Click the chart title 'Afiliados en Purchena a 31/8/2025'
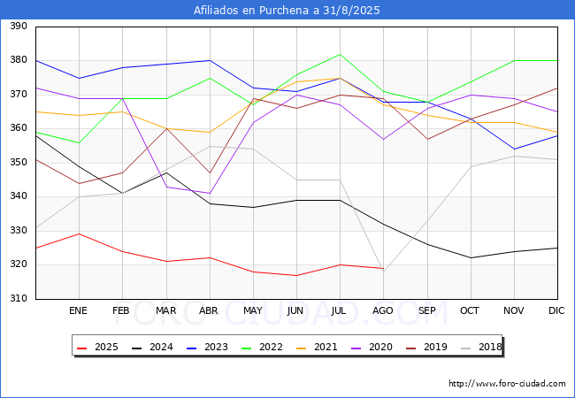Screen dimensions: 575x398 [287, 10]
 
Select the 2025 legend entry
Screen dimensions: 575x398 [97, 347]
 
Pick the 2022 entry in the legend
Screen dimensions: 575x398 [262, 347]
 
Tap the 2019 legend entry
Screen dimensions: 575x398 [426, 347]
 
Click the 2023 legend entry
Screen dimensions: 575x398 [207, 347]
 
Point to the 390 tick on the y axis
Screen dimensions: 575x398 [19, 26]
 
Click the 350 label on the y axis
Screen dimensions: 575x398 [19, 162]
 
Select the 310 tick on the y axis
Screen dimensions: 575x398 [19, 298]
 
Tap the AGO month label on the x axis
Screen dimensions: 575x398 [383, 310]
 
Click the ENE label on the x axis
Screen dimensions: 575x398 [78, 310]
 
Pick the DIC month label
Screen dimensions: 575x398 [556, 310]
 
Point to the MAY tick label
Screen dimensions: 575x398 [253, 310]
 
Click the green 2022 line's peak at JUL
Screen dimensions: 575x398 [341, 54]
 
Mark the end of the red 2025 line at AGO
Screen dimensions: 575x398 [383, 268]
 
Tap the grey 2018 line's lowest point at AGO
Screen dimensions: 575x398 [383, 272]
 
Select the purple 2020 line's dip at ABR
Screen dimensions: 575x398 [210, 193]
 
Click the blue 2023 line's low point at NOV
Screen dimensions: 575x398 [515, 149]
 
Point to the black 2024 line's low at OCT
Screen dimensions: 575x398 [471, 257]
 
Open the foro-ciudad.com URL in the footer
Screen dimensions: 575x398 [507, 384]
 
